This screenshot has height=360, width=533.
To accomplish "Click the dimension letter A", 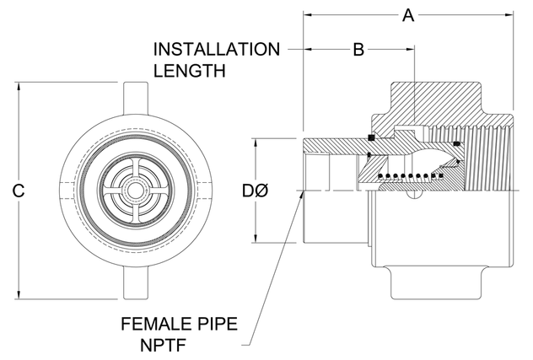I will click(x=409, y=15).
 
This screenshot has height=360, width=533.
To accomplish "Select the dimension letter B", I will click(x=358, y=50).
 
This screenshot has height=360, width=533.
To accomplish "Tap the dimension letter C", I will click(x=17, y=191).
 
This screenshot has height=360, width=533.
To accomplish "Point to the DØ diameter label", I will click(x=256, y=191).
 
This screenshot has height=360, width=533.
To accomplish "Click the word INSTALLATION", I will click(x=217, y=49).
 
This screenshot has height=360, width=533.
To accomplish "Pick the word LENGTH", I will click(x=190, y=71).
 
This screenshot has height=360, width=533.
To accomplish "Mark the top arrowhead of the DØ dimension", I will click(x=256, y=142).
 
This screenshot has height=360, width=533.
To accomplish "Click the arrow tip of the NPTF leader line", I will click(x=302, y=192).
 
